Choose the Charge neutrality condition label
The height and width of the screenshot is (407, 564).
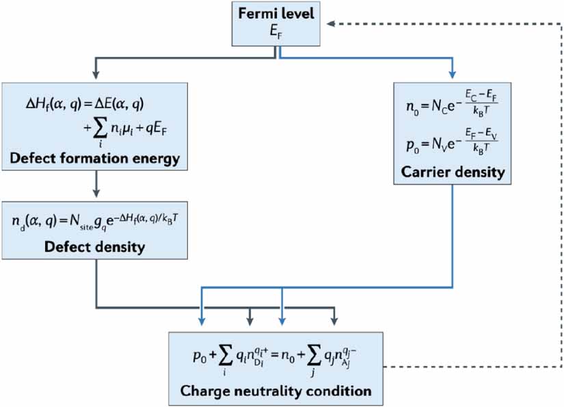click(276, 391)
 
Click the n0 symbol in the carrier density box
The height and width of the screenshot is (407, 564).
click(412, 106)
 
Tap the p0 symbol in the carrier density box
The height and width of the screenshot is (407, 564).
click(412, 143)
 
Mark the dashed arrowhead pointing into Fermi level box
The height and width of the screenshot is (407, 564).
click(330, 23)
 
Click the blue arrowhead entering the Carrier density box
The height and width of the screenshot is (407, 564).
click(452, 75)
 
